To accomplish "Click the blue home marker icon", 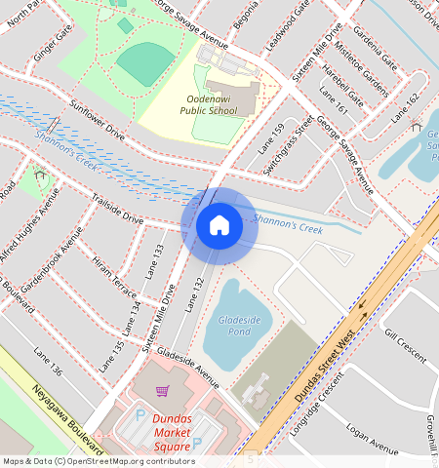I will point(219,225).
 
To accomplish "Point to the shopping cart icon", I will point(163,391).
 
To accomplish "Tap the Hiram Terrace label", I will point(115,279).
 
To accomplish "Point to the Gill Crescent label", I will point(406,346).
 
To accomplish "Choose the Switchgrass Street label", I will point(289,146).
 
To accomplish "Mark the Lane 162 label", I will point(405,108).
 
